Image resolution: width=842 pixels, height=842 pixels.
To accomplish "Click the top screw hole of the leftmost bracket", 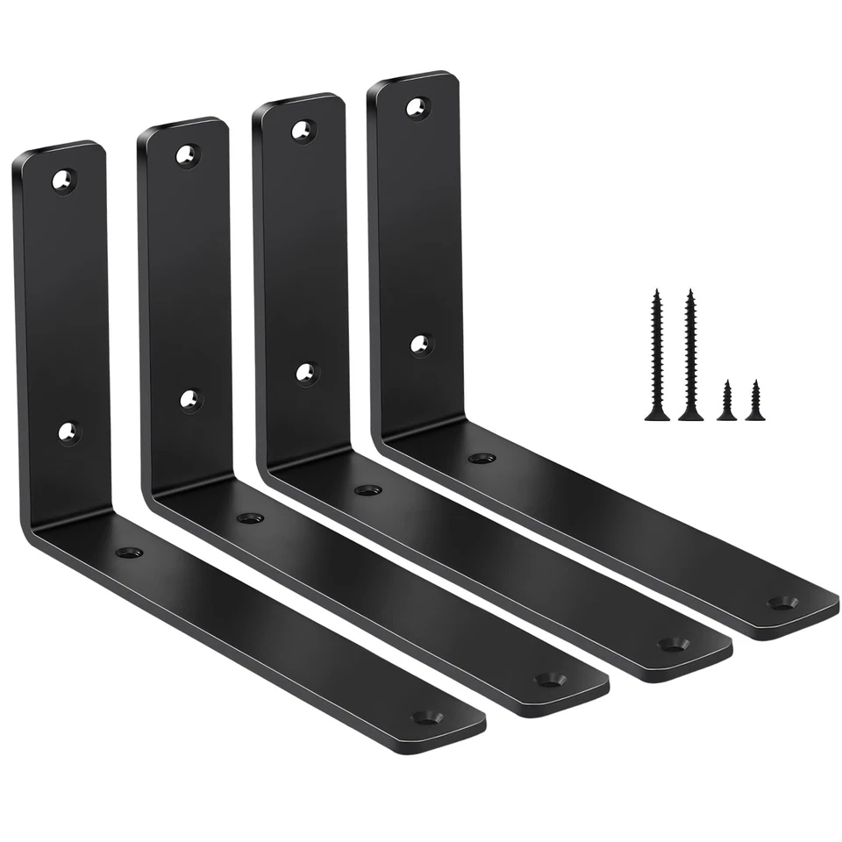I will point(63,181).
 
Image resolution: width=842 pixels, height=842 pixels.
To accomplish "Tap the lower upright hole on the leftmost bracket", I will point(68,432).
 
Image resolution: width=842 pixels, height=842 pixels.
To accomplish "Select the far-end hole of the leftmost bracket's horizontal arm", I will point(427,717).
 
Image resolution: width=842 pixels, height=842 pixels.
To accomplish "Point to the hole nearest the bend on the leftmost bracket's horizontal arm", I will point(129,553).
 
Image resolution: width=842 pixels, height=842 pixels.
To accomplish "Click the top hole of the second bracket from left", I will point(187,155).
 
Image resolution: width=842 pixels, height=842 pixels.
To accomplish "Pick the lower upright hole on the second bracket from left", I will point(191,400).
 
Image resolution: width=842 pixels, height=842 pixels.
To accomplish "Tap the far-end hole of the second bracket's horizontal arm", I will point(550,679).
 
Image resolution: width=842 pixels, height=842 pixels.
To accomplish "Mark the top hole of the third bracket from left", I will point(303,131).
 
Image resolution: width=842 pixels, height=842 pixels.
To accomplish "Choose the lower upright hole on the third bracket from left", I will point(306,374).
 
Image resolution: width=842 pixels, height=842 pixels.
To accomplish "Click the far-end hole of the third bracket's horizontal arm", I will point(673,644).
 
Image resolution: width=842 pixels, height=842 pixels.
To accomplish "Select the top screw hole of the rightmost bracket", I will point(417,107).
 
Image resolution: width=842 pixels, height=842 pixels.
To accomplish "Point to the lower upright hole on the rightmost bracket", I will point(421,345).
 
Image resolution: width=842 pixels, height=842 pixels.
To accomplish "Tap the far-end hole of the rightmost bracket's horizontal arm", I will point(781,603).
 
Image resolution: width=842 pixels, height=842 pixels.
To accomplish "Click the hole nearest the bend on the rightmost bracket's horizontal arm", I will point(482,458).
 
